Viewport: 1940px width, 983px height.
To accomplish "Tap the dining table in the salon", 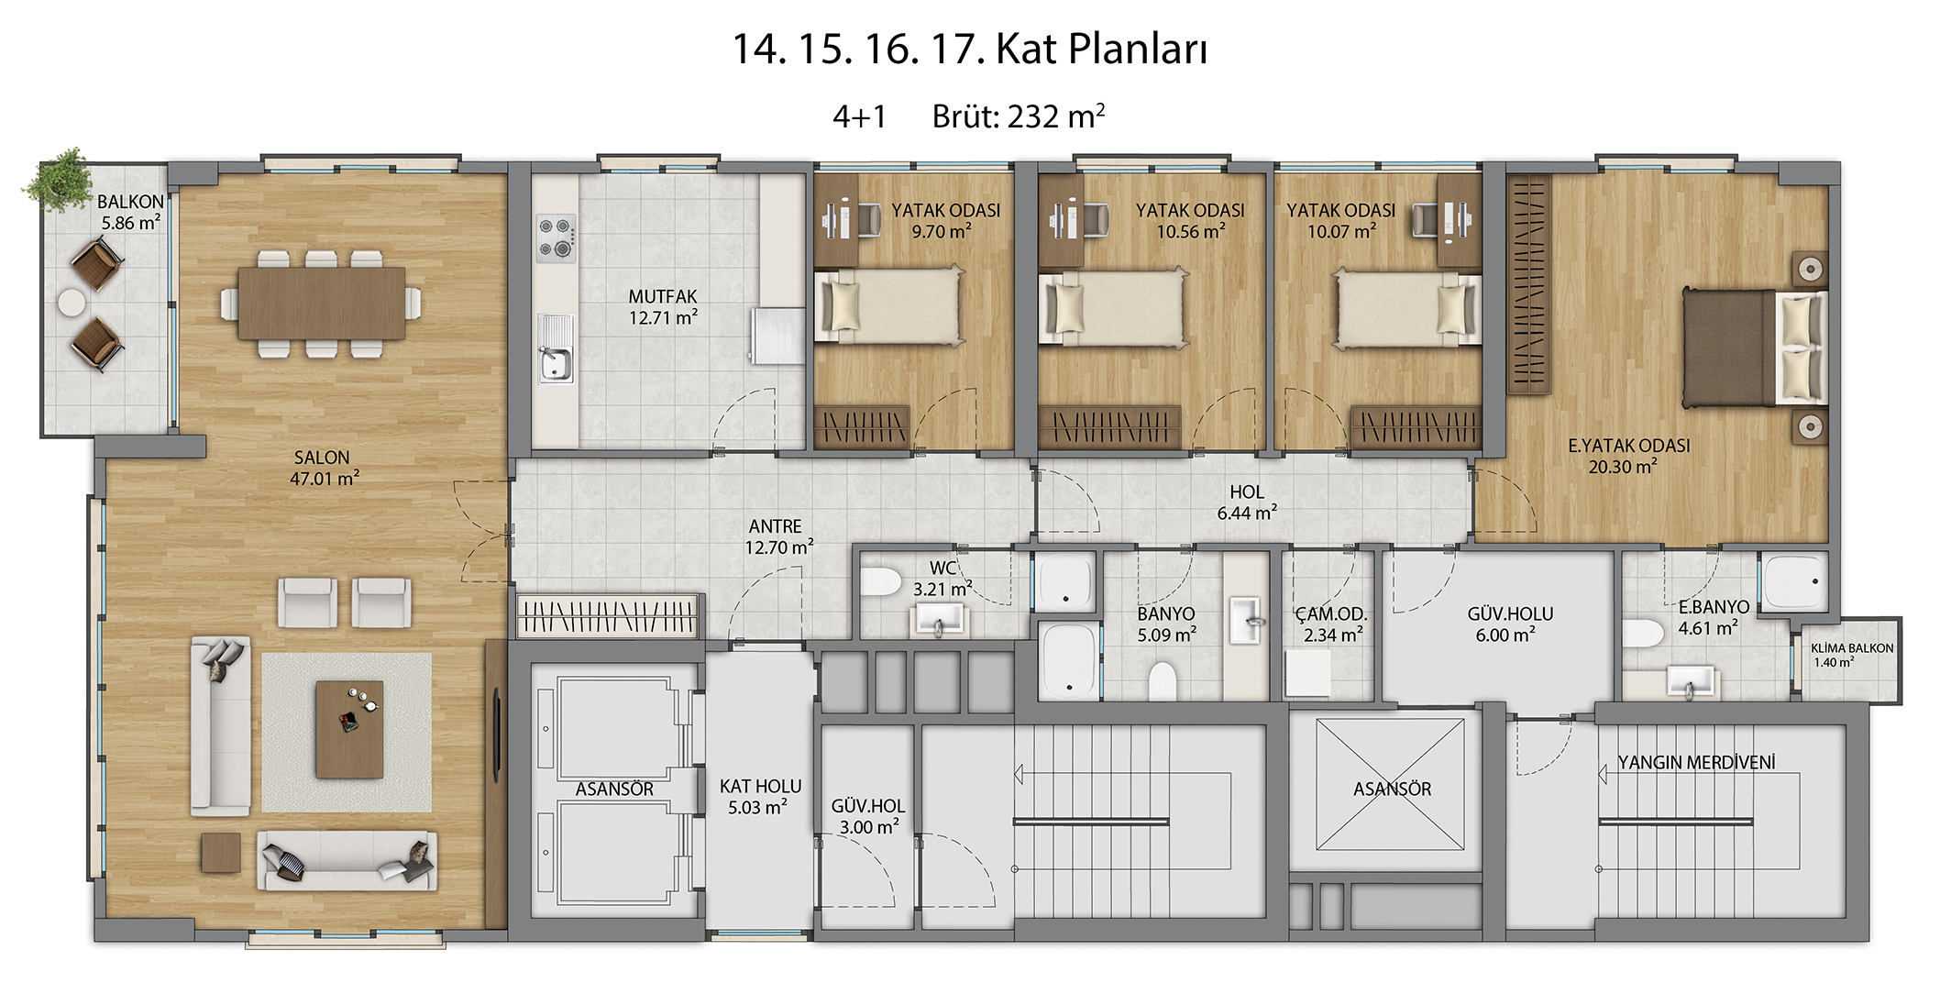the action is (321, 303).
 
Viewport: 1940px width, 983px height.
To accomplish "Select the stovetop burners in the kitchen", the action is (556, 237).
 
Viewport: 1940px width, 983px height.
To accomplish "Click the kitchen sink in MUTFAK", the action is (555, 348).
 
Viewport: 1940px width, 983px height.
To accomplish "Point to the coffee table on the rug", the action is (349, 729).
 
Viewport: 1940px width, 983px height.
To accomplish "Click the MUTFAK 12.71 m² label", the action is (663, 307).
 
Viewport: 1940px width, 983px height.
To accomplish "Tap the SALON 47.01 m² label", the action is (324, 468).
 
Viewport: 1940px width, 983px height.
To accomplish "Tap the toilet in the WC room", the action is (881, 581).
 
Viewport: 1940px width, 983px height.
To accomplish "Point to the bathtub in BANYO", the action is (1069, 660).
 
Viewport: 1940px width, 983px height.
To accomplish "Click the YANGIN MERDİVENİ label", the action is (1696, 763).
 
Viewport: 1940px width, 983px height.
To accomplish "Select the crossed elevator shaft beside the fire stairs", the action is (1390, 784).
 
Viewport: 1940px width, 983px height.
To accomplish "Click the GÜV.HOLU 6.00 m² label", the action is (1510, 624).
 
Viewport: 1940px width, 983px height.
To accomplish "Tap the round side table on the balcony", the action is (72, 303).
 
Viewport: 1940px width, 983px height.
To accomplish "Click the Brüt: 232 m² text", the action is (1019, 116).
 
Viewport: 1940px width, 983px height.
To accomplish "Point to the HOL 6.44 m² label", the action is (1247, 503).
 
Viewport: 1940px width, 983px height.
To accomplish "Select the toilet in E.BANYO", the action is (1643, 634).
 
